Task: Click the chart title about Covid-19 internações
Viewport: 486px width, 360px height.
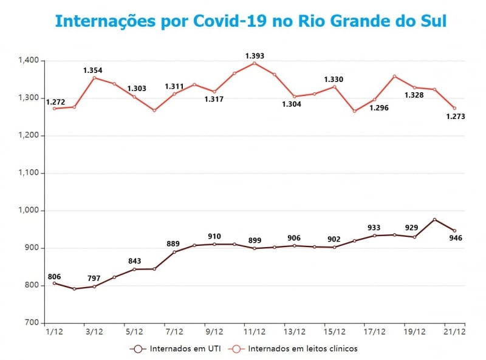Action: (x=250, y=21)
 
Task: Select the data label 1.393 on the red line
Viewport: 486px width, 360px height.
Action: (x=255, y=56)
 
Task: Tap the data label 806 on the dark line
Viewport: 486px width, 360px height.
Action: (x=54, y=275)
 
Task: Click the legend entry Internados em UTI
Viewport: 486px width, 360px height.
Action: (x=177, y=348)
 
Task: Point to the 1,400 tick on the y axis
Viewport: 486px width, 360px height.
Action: (x=29, y=61)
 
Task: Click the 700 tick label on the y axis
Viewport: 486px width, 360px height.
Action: (x=32, y=323)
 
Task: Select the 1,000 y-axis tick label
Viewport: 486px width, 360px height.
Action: (x=29, y=211)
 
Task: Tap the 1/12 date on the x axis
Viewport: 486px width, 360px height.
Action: (x=54, y=331)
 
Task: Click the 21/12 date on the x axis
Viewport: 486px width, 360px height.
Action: (x=455, y=331)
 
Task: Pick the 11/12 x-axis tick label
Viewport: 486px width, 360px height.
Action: (x=255, y=331)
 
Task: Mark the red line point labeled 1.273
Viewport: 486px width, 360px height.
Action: (x=454, y=108)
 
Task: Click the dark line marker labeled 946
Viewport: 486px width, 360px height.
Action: (x=454, y=231)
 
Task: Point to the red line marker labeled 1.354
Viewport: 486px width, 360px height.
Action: (x=94, y=78)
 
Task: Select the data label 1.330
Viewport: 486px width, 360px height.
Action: (x=334, y=80)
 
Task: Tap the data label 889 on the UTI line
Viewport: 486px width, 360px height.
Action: (x=173, y=244)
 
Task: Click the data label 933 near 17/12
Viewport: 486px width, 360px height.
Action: (x=374, y=228)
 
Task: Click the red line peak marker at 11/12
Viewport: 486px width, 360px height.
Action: (x=255, y=63)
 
